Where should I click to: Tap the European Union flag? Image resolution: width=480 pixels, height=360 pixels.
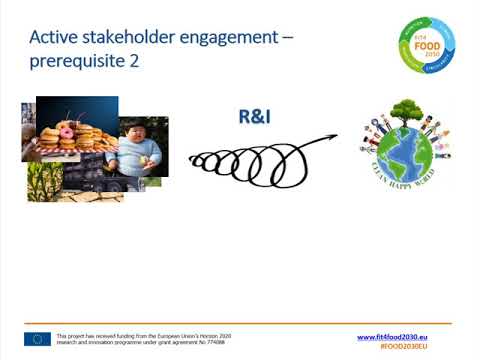click(x=38, y=339)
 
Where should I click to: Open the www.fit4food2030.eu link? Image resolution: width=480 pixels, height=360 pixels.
click(x=405, y=336)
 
